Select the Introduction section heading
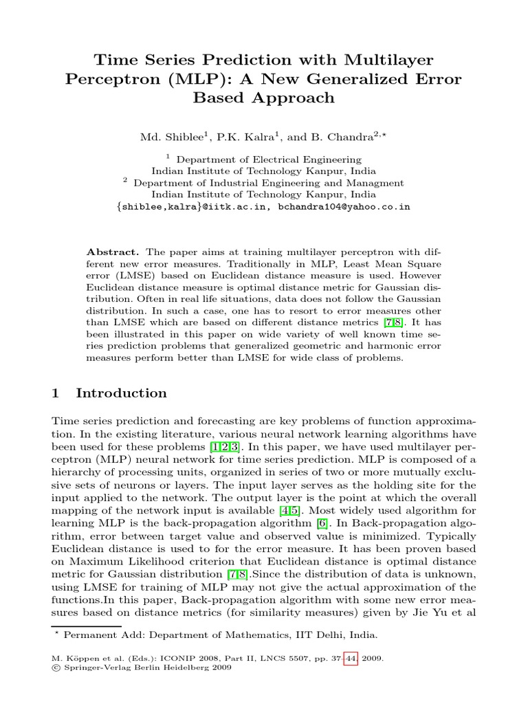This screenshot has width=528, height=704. coord(121,393)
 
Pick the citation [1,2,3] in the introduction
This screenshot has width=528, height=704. coord(224,445)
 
